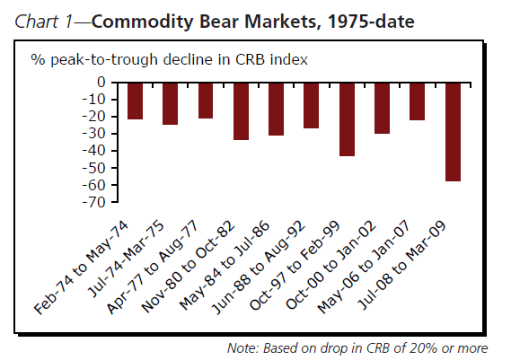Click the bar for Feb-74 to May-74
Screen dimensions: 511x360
pyautogui.click(x=135, y=101)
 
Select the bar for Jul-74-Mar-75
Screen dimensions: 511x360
pyautogui.click(x=170, y=103)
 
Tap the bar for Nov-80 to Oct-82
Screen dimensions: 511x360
pyautogui.click(x=242, y=111)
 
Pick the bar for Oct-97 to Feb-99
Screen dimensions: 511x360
pyautogui.click(x=347, y=119)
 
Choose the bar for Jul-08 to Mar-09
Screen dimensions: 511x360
pyautogui.click(x=453, y=132)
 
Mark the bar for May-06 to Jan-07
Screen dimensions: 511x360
pyautogui.click(x=417, y=101)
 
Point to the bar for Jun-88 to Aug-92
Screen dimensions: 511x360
pyautogui.click(x=312, y=106)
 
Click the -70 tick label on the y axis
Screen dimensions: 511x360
pyautogui.click(x=94, y=202)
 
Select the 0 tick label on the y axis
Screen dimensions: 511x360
pyautogui.click(x=101, y=82)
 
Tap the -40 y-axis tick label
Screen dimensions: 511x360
pyautogui.click(x=94, y=151)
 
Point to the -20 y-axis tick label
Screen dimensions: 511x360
pyautogui.click(x=94, y=117)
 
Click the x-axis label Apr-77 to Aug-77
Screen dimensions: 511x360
pyautogui.click(x=152, y=268)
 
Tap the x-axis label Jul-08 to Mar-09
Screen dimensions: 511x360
pyautogui.click(x=401, y=266)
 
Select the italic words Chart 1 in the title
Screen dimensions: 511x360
pyautogui.click(x=43, y=22)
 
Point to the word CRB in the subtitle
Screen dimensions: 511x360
pyautogui.click(x=250, y=59)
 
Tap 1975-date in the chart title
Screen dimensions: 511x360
pyautogui.click(x=372, y=22)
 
